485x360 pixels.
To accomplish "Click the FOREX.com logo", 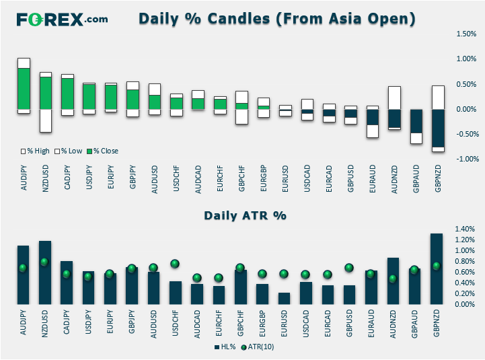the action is click(x=62, y=20).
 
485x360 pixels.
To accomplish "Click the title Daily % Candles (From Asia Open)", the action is click(x=277, y=19).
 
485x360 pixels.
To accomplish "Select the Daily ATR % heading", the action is click(x=245, y=215).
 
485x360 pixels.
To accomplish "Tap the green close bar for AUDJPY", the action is click(x=24, y=89).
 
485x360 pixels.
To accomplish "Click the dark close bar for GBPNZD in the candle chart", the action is click(x=438, y=129).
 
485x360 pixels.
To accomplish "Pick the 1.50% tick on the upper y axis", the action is click(x=465, y=34).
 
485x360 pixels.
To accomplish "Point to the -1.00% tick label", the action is click(x=467, y=159).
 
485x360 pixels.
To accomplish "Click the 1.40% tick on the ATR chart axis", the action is click(x=465, y=229).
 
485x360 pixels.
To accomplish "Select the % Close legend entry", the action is click(x=103, y=151).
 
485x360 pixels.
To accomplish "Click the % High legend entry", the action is click(x=35, y=151).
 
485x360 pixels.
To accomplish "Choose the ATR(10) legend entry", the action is click(x=258, y=347).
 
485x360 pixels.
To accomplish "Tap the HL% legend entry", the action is click(x=225, y=347).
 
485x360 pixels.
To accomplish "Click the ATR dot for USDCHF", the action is click(x=175, y=264).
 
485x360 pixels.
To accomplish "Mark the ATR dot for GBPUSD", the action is click(x=349, y=268).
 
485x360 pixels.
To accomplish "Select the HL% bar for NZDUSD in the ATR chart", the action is click(x=45, y=273).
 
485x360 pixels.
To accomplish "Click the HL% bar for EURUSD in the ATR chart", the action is click(x=285, y=298).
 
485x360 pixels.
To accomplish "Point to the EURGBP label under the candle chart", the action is click(x=264, y=178).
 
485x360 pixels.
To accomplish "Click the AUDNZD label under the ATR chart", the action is click(x=393, y=324).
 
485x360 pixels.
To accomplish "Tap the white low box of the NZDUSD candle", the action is click(x=46, y=120).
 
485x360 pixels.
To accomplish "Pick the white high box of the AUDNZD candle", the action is click(x=394, y=98).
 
